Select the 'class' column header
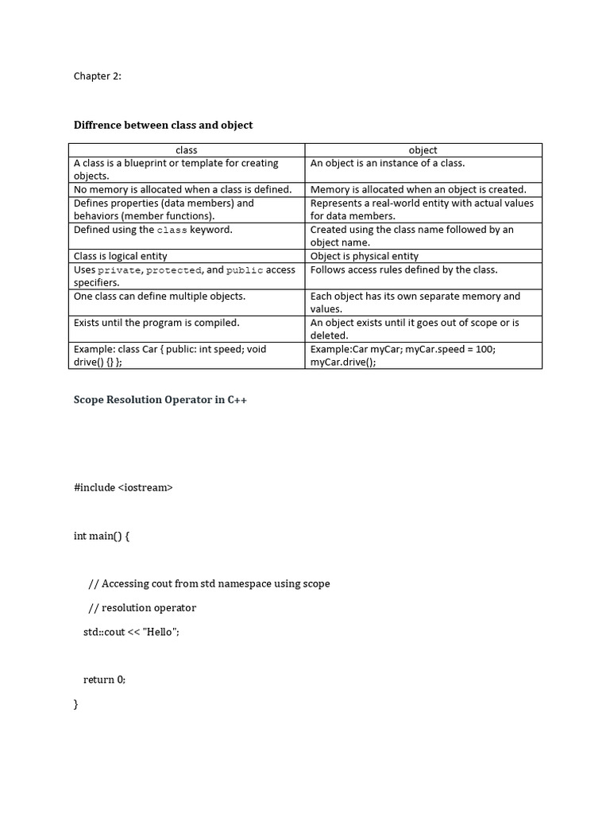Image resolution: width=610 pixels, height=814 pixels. [x=187, y=149]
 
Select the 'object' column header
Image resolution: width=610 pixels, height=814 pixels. [x=423, y=149]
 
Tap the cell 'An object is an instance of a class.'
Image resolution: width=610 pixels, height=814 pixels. [x=388, y=163]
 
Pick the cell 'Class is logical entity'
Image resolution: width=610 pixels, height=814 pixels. [x=121, y=256]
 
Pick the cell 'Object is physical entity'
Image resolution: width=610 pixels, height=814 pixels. [x=365, y=256]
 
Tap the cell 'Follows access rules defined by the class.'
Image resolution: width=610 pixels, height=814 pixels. [x=404, y=269]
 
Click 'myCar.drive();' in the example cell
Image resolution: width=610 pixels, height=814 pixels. [x=343, y=362]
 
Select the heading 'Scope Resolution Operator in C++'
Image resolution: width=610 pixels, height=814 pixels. [x=160, y=400]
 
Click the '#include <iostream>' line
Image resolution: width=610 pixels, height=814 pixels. [x=123, y=487]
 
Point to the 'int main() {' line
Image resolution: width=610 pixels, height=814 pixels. [x=102, y=536]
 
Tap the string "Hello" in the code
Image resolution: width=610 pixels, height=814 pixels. [x=160, y=632]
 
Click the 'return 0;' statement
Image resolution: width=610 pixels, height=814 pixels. [x=105, y=680]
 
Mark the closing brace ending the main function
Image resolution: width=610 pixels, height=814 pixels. [x=76, y=704]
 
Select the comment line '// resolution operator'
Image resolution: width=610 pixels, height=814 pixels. [x=142, y=608]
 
